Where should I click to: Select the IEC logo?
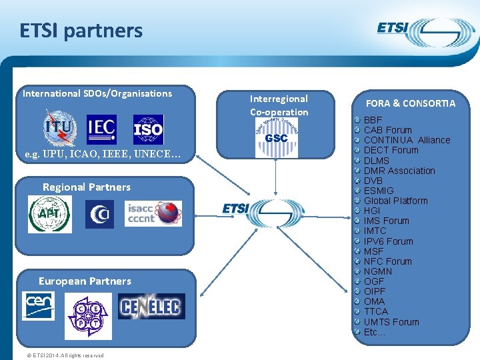101,129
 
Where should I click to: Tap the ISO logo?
148,130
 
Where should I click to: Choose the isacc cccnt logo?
153,213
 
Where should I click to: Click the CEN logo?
39,305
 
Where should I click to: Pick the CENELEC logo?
151,307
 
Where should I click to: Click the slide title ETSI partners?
81,31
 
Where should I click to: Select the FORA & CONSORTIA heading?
411,103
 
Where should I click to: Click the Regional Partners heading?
87,187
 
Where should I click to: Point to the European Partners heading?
85,281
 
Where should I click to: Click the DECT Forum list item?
391,150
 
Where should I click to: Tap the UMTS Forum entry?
391,322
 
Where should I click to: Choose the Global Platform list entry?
395,201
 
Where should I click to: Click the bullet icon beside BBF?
358,120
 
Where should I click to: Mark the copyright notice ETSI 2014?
65,355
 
